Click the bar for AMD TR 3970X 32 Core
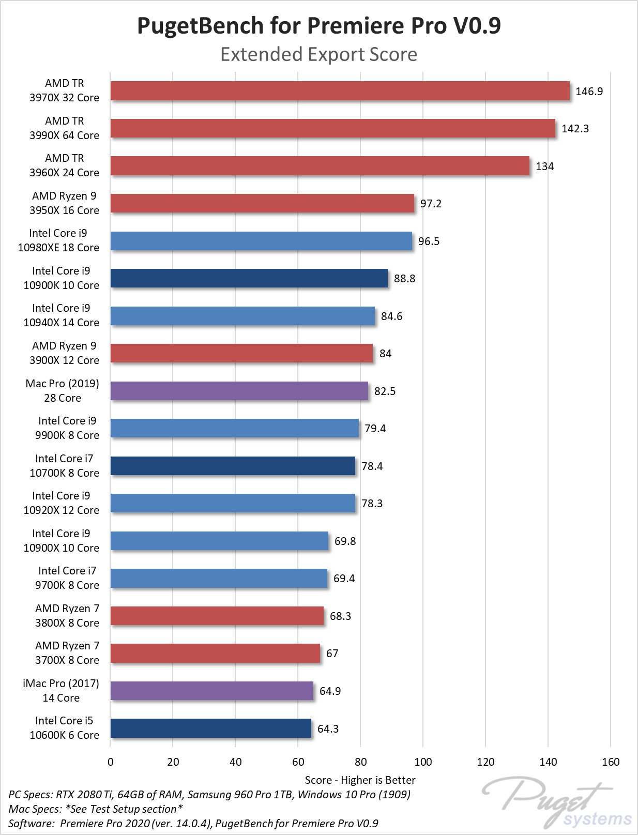point(340,91)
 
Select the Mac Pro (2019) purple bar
point(239,391)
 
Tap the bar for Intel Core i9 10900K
point(249,278)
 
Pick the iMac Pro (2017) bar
point(211,691)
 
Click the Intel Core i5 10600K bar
point(210,728)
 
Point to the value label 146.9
point(589,92)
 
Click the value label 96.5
point(429,241)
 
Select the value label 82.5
point(385,391)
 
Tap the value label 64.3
point(328,729)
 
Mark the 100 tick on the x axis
point(423,762)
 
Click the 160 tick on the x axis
point(611,762)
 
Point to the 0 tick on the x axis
point(111,762)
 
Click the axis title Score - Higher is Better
point(360,780)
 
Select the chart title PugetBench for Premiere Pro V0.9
point(318,26)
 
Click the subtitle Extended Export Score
point(318,54)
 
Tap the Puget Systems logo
point(556,803)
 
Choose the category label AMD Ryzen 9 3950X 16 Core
point(65,203)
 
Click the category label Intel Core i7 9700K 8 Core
point(67,578)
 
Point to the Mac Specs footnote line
point(96,809)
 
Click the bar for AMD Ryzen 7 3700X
point(215,654)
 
